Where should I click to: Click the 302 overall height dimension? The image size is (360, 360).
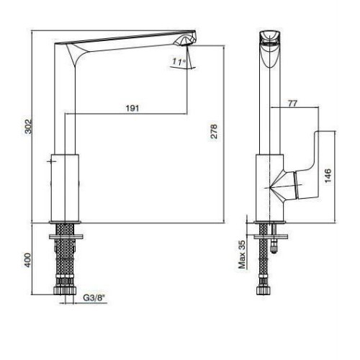(29, 126)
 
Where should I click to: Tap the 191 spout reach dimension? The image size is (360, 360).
(132, 108)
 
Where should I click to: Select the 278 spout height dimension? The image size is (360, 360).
(214, 131)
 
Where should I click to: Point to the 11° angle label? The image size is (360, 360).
(179, 62)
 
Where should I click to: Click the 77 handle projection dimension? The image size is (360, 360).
(292, 104)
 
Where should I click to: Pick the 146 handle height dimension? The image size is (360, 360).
(328, 176)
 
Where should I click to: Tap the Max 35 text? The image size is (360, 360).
(242, 254)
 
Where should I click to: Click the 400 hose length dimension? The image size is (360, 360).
(28, 260)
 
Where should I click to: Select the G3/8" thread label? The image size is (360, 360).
(94, 298)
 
